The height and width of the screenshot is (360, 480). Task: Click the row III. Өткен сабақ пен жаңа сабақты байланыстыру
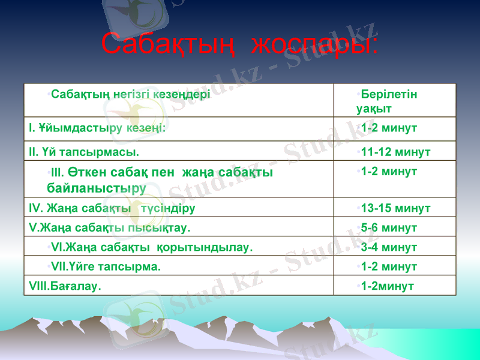click(x=160, y=179)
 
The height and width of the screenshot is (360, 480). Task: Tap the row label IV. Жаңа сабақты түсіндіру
click(x=111, y=209)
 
